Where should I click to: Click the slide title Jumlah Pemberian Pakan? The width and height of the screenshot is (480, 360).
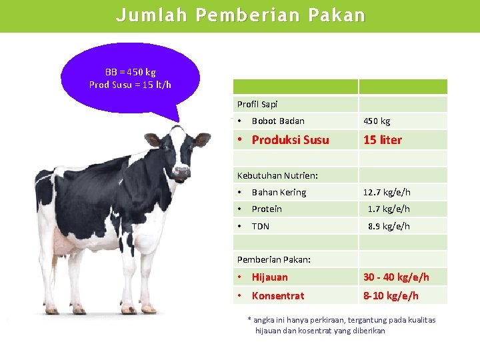click(x=240, y=15)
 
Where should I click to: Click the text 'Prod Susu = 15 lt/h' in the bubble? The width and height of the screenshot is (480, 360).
click(x=131, y=85)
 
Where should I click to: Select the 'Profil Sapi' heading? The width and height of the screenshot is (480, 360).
click(x=257, y=104)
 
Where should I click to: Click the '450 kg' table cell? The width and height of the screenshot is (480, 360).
click(x=377, y=121)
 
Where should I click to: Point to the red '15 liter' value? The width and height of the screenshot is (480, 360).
click(x=383, y=140)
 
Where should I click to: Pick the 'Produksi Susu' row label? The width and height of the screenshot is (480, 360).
click(x=290, y=140)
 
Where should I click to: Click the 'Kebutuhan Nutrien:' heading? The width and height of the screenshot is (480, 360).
click(x=277, y=175)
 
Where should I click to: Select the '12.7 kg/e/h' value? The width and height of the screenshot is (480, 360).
click(x=387, y=193)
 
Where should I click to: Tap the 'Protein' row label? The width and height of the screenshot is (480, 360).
click(x=267, y=209)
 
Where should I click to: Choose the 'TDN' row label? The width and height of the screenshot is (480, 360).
click(x=261, y=227)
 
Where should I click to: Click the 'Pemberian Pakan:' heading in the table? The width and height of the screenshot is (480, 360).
click(x=274, y=259)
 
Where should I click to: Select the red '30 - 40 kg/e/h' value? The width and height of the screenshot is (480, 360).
click(x=396, y=277)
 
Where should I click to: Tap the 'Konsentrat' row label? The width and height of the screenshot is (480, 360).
click(x=278, y=296)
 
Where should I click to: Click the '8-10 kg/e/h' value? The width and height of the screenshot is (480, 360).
click(x=391, y=296)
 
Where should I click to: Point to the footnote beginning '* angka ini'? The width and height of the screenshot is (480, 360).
click(x=341, y=325)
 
